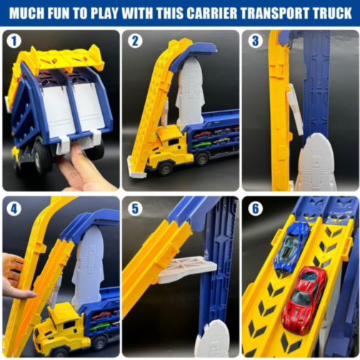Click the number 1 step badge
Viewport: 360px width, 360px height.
pyautogui.click(x=14, y=41)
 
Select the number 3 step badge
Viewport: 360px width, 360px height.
pyautogui.click(x=255, y=41)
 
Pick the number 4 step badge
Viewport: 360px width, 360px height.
pyautogui.click(x=14, y=209)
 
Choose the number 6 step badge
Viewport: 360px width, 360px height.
pyautogui.click(x=255, y=209)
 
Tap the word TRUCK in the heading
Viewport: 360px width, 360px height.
pyautogui.click(x=329, y=13)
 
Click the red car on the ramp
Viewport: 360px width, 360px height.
pyautogui.click(x=303, y=299)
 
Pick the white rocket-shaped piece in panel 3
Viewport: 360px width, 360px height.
pyautogui.click(x=316, y=163)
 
